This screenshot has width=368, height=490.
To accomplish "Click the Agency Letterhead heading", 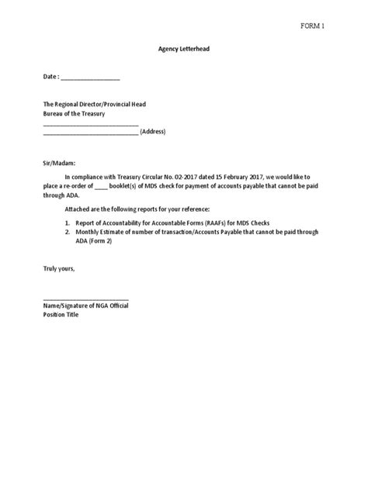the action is (x=183, y=49).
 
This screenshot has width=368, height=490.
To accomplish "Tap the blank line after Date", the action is (x=90, y=78).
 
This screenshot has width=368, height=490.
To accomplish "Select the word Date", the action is (x=50, y=77).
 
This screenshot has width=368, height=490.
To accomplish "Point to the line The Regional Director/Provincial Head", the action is (x=94, y=104).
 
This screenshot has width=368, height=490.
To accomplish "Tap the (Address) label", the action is (x=153, y=132).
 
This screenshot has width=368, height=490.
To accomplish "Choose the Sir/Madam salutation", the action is (x=60, y=164).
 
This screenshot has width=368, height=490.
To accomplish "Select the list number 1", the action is (x=67, y=221).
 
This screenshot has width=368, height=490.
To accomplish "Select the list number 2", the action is (x=67, y=230).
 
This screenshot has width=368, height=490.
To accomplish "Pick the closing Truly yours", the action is (x=58, y=268).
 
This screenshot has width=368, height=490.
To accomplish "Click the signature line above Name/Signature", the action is (x=85, y=298).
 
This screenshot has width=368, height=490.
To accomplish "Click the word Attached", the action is (x=76, y=209).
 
